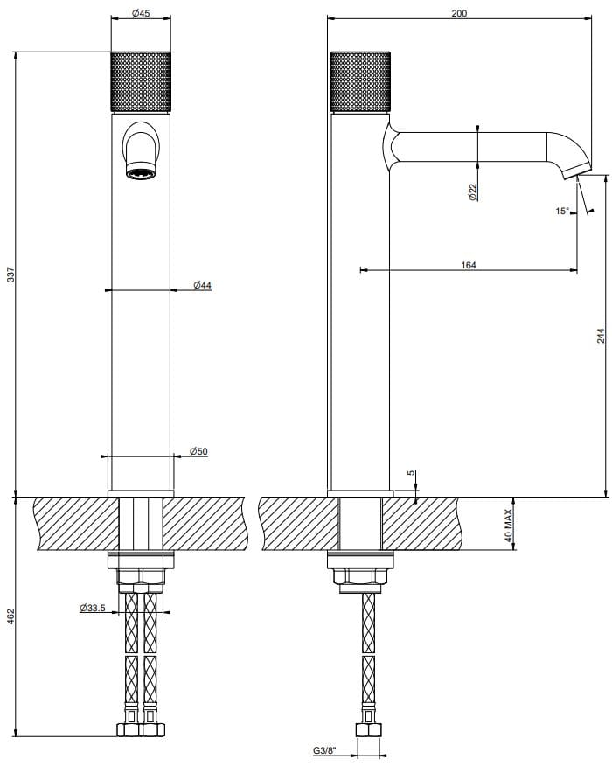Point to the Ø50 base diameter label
coord(198,451)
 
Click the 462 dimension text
coord(10,617)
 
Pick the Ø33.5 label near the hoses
coord(93,607)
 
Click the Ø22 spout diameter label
coord(472,192)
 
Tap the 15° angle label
coord(561,211)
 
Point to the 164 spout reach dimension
coord(469,264)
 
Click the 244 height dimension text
coord(600,335)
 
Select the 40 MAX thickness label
coord(508,525)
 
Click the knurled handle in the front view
coord(141,82)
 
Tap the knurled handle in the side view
coord(359,82)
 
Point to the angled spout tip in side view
coord(578,169)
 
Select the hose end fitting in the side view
coord(367,731)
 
